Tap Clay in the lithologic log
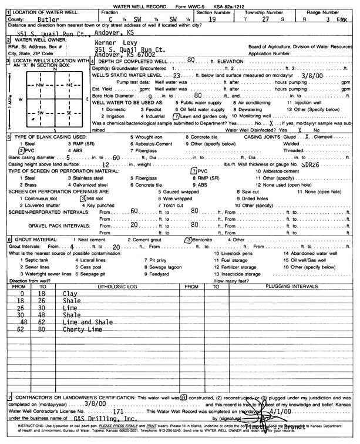coord(70,293)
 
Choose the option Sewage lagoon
coord(164,267)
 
